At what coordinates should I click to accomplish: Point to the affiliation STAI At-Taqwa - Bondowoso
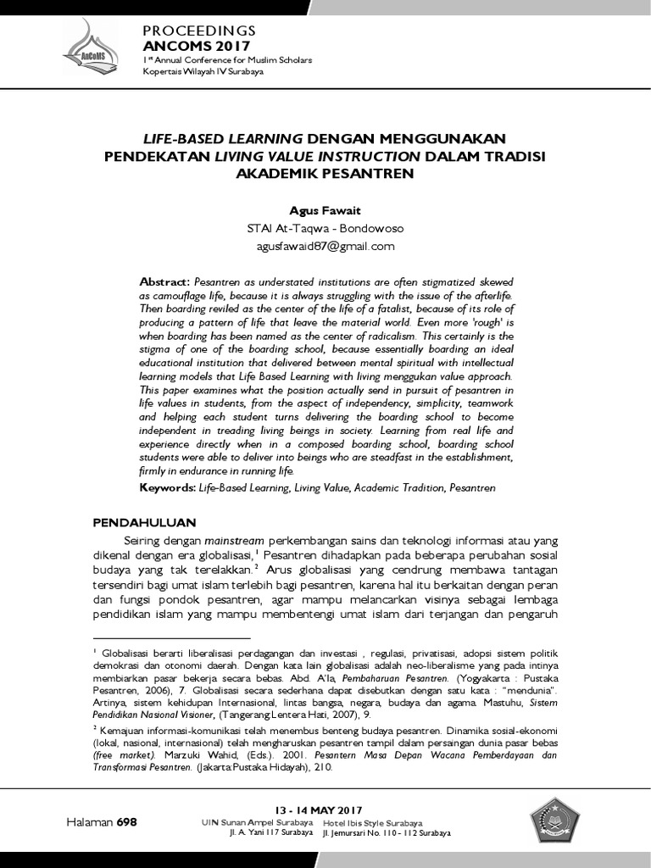click(x=325, y=229)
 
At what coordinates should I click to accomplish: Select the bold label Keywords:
click(x=167, y=489)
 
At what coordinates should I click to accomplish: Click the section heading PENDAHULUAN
click(x=144, y=521)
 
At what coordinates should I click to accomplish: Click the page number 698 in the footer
click(x=126, y=822)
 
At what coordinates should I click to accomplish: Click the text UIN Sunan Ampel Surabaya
click(x=257, y=823)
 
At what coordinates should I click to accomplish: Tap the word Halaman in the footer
click(x=90, y=822)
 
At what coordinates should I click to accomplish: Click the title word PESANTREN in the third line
click(x=372, y=174)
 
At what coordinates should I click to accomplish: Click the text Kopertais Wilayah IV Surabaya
click(x=203, y=71)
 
